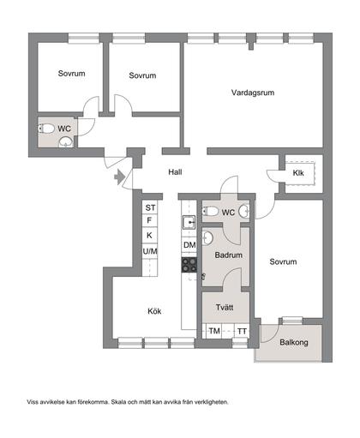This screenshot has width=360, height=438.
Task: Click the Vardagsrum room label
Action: click(x=253, y=93)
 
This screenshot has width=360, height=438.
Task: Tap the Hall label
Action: click(x=175, y=172)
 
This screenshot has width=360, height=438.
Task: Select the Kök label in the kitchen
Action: click(x=154, y=311)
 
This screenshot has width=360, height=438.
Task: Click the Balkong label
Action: click(x=294, y=342)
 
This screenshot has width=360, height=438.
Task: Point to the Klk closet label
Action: click(x=298, y=173)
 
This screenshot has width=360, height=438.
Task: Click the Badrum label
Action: click(x=229, y=255)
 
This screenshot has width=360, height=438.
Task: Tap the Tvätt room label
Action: click(x=225, y=308)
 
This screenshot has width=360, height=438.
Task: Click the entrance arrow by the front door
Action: click(x=119, y=177)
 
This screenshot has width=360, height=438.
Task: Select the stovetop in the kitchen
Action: click(x=189, y=265)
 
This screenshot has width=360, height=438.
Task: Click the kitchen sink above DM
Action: click(x=189, y=222)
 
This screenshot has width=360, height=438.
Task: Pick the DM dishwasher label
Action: click(x=189, y=245)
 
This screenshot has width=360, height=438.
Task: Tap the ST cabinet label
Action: click(x=150, y=207)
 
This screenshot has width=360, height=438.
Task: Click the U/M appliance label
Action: click(x=150, y=251)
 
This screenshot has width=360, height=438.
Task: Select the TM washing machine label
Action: click(x=214, y=331)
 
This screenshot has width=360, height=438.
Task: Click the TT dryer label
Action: click(x=242, y=332)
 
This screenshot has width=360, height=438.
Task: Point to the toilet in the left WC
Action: click(x=46, y=129)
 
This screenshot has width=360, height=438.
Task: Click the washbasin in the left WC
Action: click(x=66, y=142)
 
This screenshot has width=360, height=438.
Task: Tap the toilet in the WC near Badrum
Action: click(x=210, y=212)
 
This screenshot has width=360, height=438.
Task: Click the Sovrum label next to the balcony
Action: click(x=283, y=261)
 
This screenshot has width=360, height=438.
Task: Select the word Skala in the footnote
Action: click(x=118, y=402)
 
